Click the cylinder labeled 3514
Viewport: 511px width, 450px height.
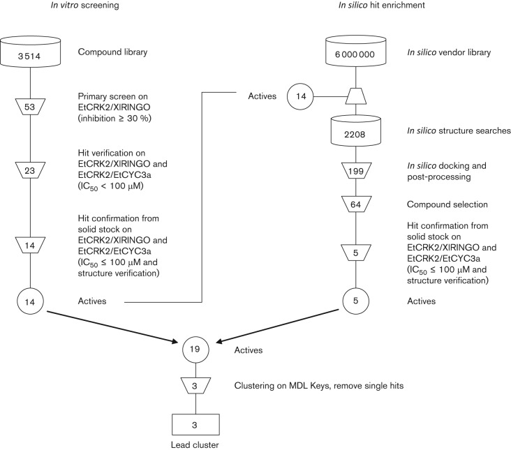click(x=30, y=52)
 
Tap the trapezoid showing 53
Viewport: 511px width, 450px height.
click(x=30, y=107)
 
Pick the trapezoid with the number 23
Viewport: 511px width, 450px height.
click(x=30, y=170)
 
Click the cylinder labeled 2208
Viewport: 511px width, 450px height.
click(x=355, y=130)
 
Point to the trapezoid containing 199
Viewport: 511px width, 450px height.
click(x=355, y=171)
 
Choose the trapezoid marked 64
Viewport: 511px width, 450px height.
click(x=355, y=204)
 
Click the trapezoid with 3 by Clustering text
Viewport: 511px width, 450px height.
click(x=195, y=386)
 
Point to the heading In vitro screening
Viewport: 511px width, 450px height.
click(x=84, y=5)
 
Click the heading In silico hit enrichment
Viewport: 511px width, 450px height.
click(x=382, y=5)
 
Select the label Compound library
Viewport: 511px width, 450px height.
click(x=112, y=52)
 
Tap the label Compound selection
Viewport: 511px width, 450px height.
click(x=447, y=204)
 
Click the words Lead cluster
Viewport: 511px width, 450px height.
click(x=195, y=445)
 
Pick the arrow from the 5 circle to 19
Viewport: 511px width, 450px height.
click(x=278, y=326)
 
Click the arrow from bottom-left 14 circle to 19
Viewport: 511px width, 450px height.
click(x=113, y=327)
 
